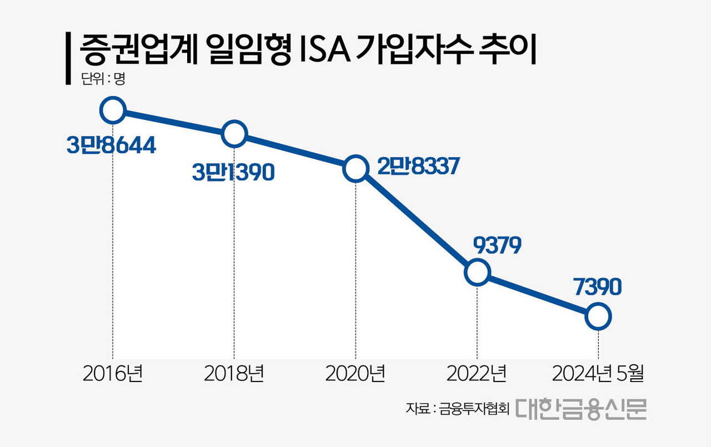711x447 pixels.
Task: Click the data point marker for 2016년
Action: (x=112, y=111)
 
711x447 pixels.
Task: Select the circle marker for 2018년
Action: (x=234, y=134)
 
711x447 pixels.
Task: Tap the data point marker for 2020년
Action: (x=355, y=168)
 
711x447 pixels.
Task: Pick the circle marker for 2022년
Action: (x=477, y=273)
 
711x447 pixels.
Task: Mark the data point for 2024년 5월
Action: (x=598, y=317)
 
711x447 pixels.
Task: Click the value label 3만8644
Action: (x=111, y=145)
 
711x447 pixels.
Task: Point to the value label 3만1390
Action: (x=233, y=173)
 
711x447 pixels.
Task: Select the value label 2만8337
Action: (x=417, y=166)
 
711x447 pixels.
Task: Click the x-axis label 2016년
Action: (x=113, y=374)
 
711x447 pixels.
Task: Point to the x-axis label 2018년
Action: (x=234, y=374)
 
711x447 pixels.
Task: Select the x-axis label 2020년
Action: (x=355, y=374)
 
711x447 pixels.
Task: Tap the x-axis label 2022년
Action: (x=477, y=374)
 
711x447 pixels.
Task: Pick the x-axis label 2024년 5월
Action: (x=598, y=374)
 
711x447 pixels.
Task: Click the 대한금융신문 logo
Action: (x=580, y=408)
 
